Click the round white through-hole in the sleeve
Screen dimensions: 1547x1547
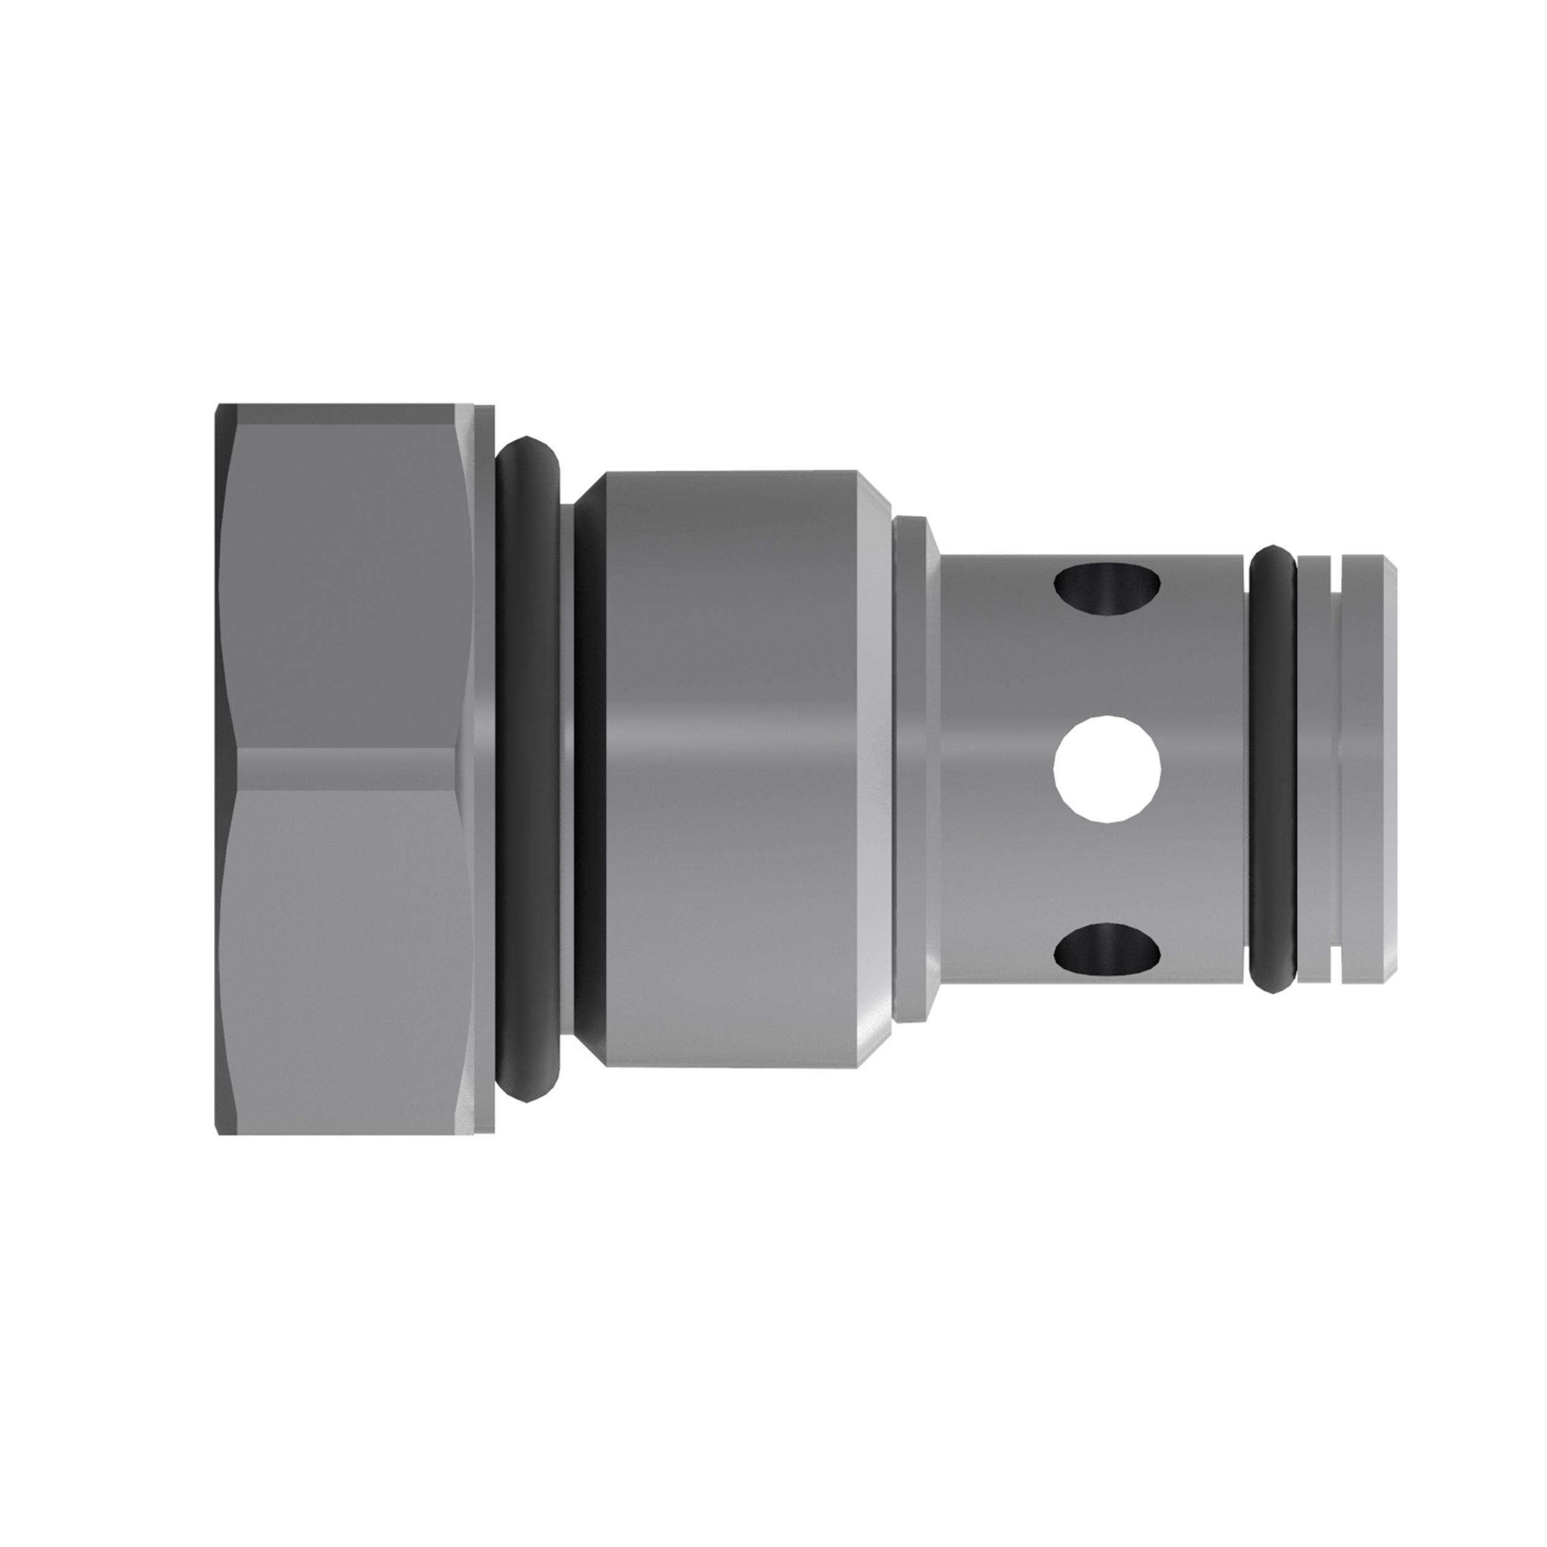(x=1108, y=769)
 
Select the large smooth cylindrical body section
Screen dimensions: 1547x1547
(x=729, y=769)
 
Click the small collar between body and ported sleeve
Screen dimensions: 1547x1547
(x=913, y=769)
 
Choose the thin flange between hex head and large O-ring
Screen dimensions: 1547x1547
(x=484, y=769)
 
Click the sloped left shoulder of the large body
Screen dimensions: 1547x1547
(x=590, y=769)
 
